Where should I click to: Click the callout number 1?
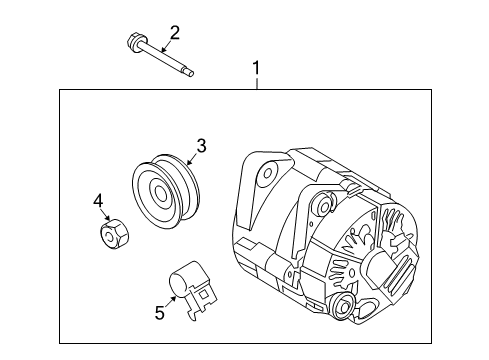click(x=256, y=68)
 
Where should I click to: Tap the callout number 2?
click(x=175, y=33)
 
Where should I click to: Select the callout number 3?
click(x=201, y=146)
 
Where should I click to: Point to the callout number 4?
click(x=98, y=202)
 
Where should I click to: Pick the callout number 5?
click(x=160, y=313)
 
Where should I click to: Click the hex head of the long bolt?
click(x=134, y=41)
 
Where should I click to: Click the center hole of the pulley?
click(x=161, y=193)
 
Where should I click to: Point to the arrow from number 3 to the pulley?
click(x=193, y=159)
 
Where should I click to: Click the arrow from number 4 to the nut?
click(x=105, y=214)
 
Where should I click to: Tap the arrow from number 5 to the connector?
click(x=171, y=302)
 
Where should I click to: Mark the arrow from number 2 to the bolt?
click(x=166, y=46)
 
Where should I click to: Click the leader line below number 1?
click(x=257, y=84)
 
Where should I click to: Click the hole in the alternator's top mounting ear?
click(x=268, y=173)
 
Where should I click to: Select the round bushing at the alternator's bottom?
click(x=343, y=306)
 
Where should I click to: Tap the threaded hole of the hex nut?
click(x=109, y=238)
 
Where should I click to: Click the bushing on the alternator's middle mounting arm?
click(x=324, y=204)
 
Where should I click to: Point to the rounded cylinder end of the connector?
click(x=178, y=284)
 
